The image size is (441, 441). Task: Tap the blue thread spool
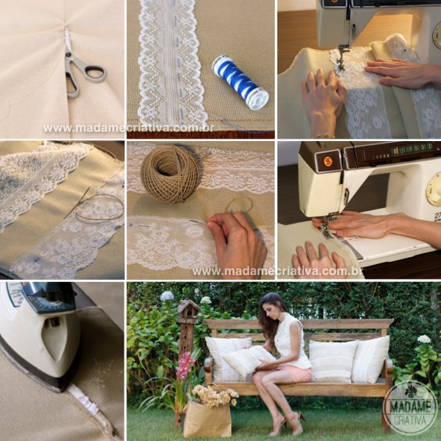240,82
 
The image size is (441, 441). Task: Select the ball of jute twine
170,174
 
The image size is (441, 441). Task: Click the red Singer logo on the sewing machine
327,161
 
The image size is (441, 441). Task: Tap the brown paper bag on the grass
207,418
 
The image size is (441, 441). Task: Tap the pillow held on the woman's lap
248,359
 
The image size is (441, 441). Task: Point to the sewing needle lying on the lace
76,203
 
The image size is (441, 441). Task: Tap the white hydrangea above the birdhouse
167,296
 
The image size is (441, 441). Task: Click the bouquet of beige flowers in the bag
214,396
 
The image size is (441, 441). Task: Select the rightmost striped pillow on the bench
371,359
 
